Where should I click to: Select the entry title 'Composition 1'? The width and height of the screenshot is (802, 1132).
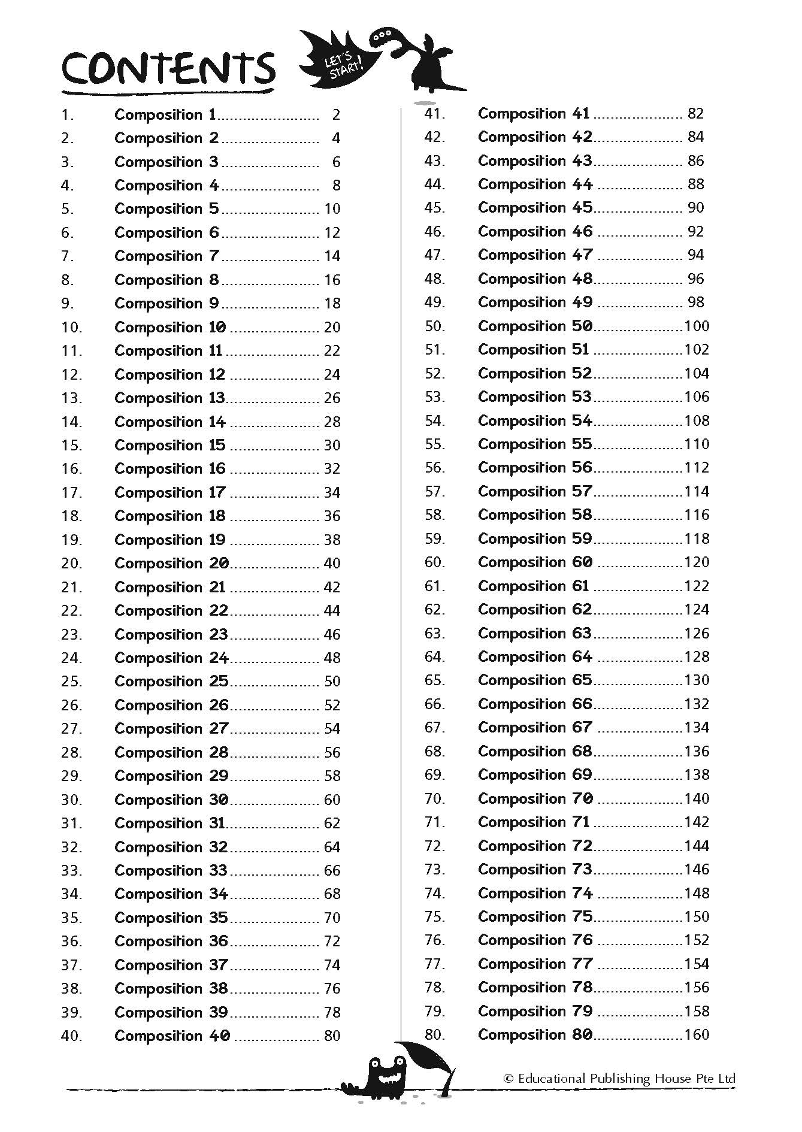pyautogui.click(x=165, y=114)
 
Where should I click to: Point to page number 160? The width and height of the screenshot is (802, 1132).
pyautogui.click(x=697, y=1034)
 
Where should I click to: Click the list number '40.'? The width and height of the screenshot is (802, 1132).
pyautogui.click(x=71, y=1036)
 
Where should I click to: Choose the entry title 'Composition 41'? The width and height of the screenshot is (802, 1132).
pyautogui.click(x=534, y=113)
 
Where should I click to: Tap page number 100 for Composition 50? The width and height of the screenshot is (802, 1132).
pyautogui.click(x=697, y=326)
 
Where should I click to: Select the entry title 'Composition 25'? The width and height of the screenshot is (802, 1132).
pyautogui.click(x=171, y=681)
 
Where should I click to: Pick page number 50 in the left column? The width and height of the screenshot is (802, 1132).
pyautogui.click(x=332, y=681)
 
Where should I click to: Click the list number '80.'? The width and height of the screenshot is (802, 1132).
pyautogui.click(x=435, y=1034)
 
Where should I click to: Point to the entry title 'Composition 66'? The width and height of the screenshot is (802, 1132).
pyautogui.click(x=535, y=704)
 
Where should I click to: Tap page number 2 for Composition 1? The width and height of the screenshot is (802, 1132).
pyautogui.click(x=336, y=114)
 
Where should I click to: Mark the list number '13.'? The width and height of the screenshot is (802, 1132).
pyautogui.click(x=71, y=398)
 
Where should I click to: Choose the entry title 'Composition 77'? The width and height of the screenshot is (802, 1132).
pyautogui.click(x=535, y=964)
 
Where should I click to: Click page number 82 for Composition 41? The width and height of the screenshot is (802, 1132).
pyautogui.click(x=695, y=113)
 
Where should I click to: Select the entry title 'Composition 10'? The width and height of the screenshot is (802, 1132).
pyautogui.click(x=170, y=327)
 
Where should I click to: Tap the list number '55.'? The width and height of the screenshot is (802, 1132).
pyautogui.click(x=435, y=444)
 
